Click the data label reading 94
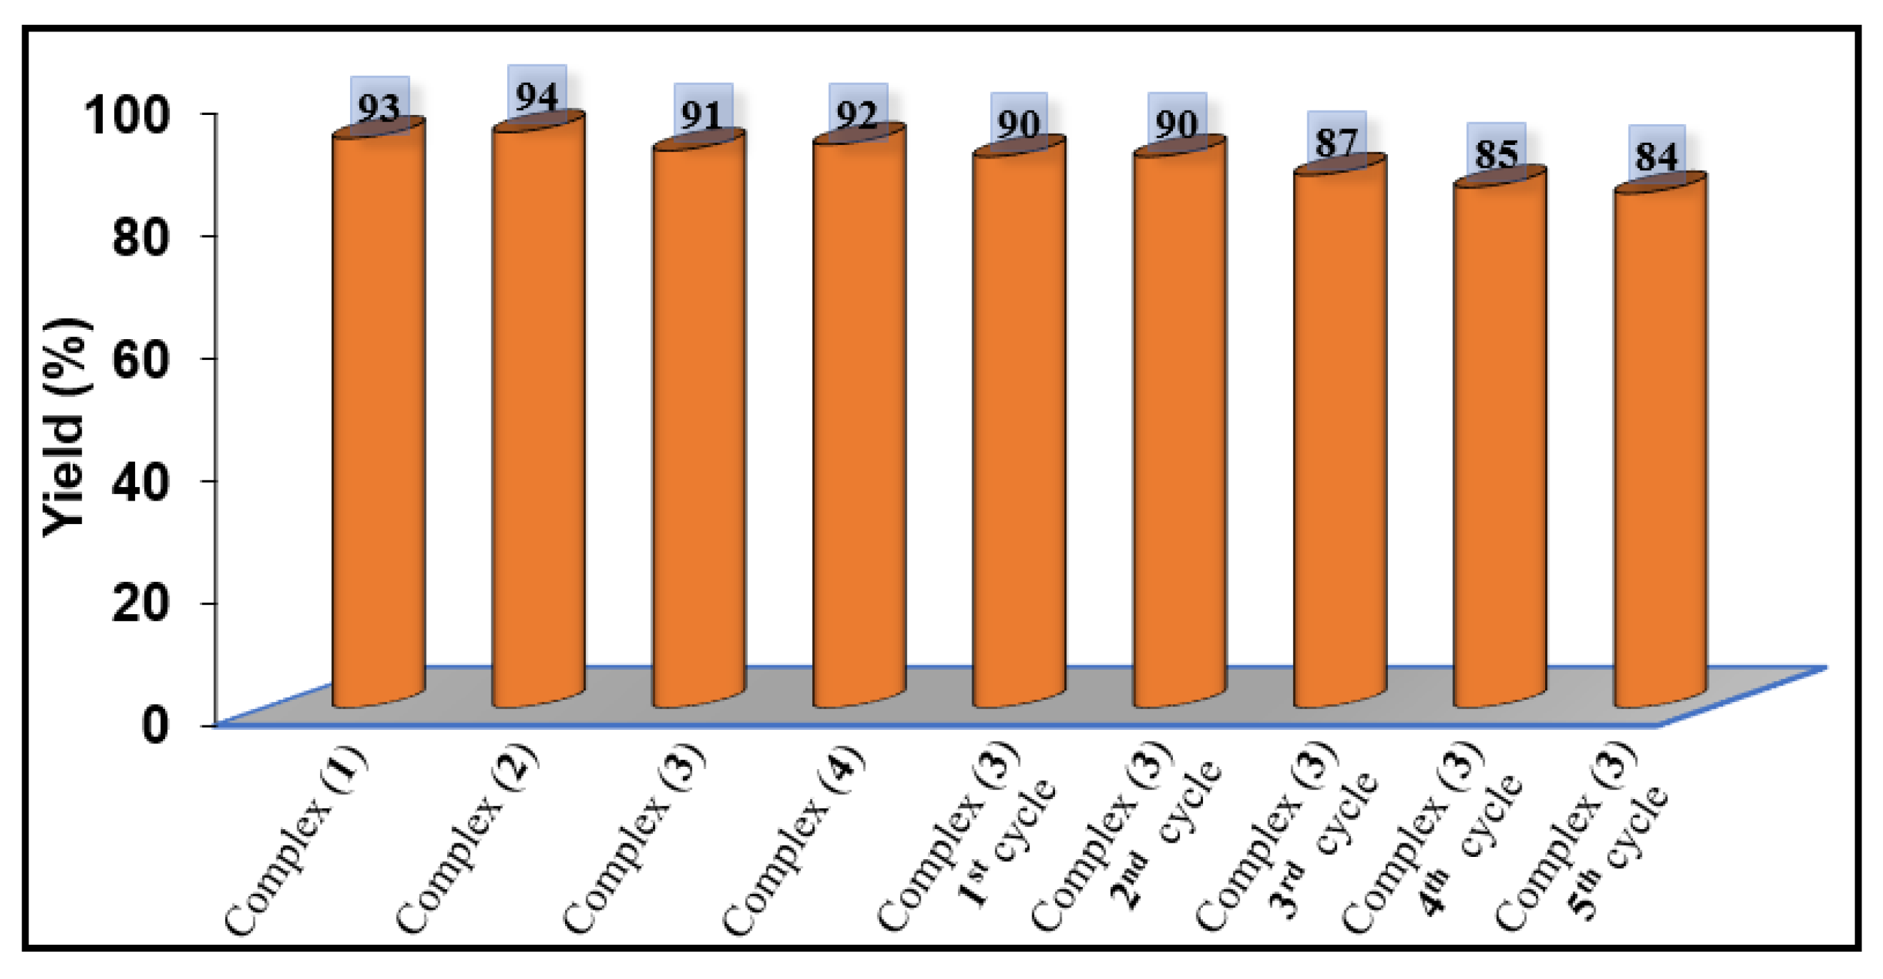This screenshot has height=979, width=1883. click(537, 97)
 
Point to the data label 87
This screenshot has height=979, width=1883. click(1337, 144)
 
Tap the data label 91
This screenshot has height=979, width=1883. click(702, 116)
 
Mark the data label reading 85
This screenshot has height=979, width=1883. click(1497, 154)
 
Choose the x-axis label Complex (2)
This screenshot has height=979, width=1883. click(468, 840)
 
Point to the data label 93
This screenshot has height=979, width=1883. click(379, 109)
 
